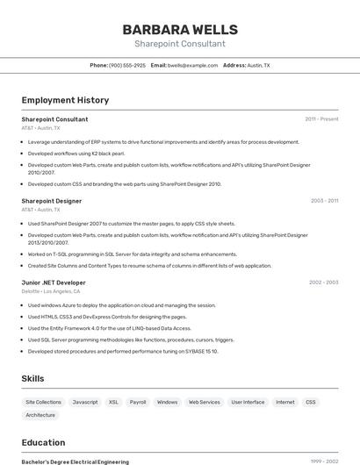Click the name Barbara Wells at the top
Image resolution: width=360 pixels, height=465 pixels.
(180, 29)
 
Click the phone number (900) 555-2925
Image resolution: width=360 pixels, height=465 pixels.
(127, 65)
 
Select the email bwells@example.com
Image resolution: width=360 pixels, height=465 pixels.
(192, 65)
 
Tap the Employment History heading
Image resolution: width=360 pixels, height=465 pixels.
(65, 100)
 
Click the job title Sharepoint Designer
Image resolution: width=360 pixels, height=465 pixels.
(52, 201)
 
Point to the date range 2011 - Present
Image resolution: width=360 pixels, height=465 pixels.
(321, 119)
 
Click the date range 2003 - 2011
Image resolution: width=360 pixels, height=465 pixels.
(324, 201)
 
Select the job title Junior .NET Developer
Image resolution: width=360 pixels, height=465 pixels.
(54, 283)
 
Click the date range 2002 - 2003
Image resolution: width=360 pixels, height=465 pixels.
(323, 283)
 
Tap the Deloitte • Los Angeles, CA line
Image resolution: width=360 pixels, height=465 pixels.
(51, 291)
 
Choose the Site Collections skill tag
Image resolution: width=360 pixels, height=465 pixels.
(43, 402)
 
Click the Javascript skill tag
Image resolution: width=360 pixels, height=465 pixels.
(85, 402)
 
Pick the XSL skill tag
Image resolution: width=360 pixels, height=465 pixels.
(113, 402)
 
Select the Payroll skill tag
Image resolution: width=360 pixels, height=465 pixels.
(138, 402)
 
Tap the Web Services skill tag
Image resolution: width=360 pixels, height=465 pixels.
(205, 402)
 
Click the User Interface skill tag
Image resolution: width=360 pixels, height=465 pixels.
(248, 402)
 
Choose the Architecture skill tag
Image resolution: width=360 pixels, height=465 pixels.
(40, 415)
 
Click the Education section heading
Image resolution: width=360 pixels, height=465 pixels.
(43, 442)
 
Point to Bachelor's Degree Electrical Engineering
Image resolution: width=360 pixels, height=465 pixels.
(75, 461)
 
